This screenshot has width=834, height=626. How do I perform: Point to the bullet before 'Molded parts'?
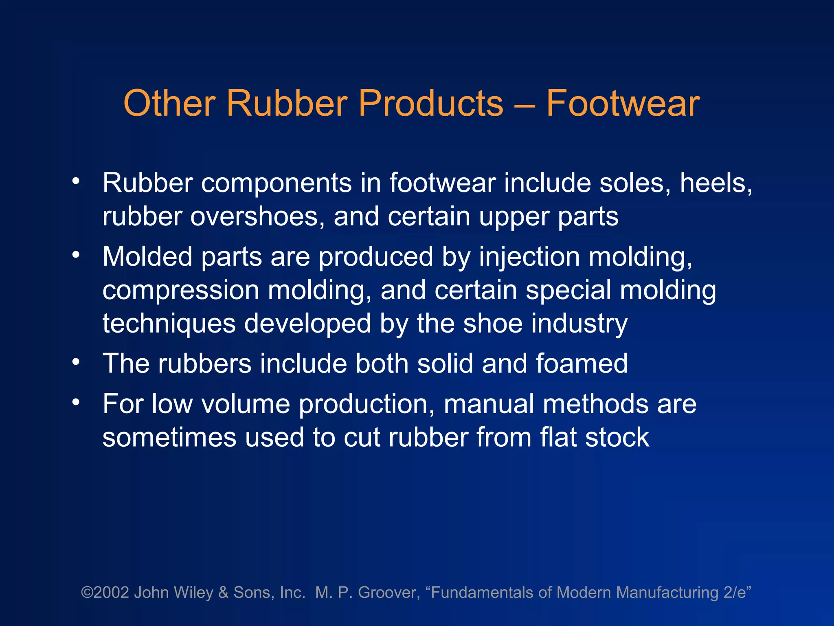click(x=76, y=255)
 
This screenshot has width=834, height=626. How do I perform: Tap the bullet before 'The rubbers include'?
click(x=76, y=361)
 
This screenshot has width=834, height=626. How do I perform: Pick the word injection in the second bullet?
click(x=529, y=257)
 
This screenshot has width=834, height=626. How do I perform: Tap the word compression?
click(x=180, y=291)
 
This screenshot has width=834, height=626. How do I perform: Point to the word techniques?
click(x=169, y=324)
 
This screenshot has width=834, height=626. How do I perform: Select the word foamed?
click(x=582, y=364)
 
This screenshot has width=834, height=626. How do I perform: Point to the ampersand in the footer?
click(x=223, y=593)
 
